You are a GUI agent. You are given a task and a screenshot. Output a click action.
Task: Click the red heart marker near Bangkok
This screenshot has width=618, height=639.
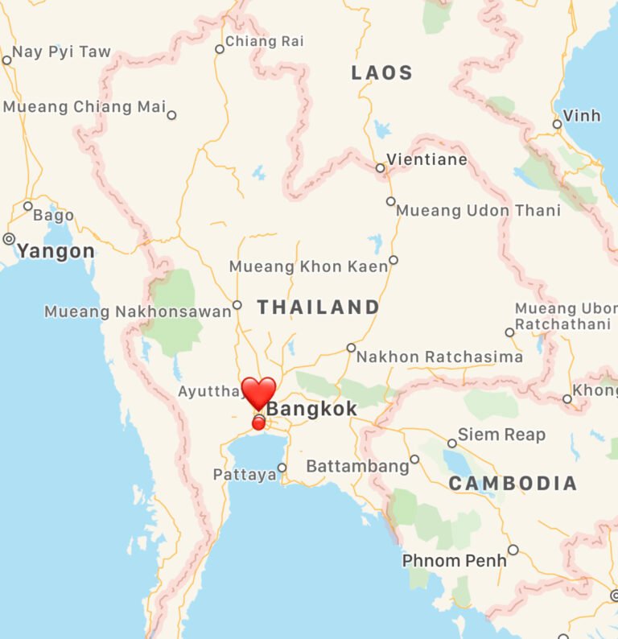[258, 393]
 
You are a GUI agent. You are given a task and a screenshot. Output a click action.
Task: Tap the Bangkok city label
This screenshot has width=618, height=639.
[311, 410]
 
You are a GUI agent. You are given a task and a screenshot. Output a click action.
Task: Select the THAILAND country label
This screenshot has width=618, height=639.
[319, 307]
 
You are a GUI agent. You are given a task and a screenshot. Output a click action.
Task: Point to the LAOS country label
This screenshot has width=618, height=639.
[382, 73]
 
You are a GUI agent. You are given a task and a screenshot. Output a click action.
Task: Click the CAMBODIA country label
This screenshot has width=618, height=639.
[513, 484]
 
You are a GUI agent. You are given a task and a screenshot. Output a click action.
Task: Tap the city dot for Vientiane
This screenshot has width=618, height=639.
[381, 168]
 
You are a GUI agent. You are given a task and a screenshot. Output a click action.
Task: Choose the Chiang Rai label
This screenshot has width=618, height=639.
[265, 41]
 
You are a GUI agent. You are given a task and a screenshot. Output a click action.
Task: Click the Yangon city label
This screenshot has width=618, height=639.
[56, 251]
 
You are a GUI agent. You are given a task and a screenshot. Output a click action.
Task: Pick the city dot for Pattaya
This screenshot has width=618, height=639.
[282, 468]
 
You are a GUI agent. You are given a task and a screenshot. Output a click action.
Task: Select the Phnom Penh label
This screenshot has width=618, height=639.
[454, 560]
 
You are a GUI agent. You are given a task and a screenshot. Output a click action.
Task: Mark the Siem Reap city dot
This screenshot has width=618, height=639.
[452, 443]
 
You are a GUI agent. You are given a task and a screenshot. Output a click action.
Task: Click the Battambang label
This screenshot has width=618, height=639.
[357, 467]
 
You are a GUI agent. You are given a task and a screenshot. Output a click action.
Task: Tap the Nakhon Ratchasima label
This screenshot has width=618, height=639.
[439, 357]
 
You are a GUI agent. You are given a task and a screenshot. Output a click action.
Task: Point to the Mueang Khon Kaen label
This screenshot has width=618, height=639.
[308, 266]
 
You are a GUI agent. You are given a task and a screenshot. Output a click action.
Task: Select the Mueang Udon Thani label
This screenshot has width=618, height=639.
[479, 211]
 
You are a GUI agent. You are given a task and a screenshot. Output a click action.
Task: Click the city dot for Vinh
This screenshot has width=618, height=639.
[557, 124]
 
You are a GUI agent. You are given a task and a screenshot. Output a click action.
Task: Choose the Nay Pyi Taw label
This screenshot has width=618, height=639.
[61, 52]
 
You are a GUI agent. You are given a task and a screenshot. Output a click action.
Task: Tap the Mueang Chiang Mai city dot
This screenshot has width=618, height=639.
[171, 115]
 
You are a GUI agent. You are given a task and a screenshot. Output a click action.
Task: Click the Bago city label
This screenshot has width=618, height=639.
[54, 216]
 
